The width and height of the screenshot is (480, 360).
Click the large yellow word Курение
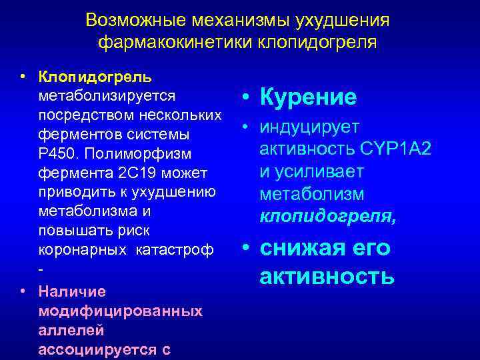pos(308,98)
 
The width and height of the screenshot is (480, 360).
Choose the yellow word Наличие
pos(67,291)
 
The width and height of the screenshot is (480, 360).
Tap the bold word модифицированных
pos(121,311)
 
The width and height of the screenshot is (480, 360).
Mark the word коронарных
pos(84,250)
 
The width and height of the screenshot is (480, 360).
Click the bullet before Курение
pos(246,98)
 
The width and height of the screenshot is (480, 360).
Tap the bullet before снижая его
pos(246,248)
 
